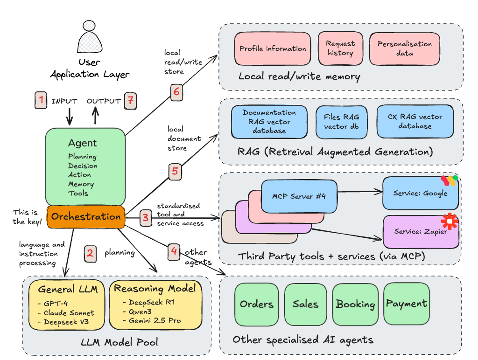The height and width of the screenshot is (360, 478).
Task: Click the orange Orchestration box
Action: click(86, 217)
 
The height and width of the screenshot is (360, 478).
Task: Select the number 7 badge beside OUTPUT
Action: click(131, 100)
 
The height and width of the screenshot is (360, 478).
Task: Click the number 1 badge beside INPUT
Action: click(42, 100)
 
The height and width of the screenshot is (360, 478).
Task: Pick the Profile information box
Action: click(273, 48)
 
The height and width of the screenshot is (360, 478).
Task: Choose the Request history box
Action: click(340, 48)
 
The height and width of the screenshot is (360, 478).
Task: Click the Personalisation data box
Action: click(405, 48)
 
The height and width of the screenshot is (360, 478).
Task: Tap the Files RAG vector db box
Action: click(341, 122)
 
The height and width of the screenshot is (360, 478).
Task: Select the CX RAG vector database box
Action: click(415, 121)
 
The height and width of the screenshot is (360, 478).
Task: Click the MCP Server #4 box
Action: click(299, 196)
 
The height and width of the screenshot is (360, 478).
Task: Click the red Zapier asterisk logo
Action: click(450, 221)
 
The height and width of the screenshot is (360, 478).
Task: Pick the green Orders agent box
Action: click(256, 304)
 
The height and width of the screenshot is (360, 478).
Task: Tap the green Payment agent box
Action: click(407, 304)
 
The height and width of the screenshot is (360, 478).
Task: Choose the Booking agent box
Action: click(355, 304)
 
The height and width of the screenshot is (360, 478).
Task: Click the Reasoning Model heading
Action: click(155, 289)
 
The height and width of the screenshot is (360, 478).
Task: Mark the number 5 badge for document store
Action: click(175, 171)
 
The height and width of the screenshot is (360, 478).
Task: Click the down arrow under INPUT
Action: click(69, 117)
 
